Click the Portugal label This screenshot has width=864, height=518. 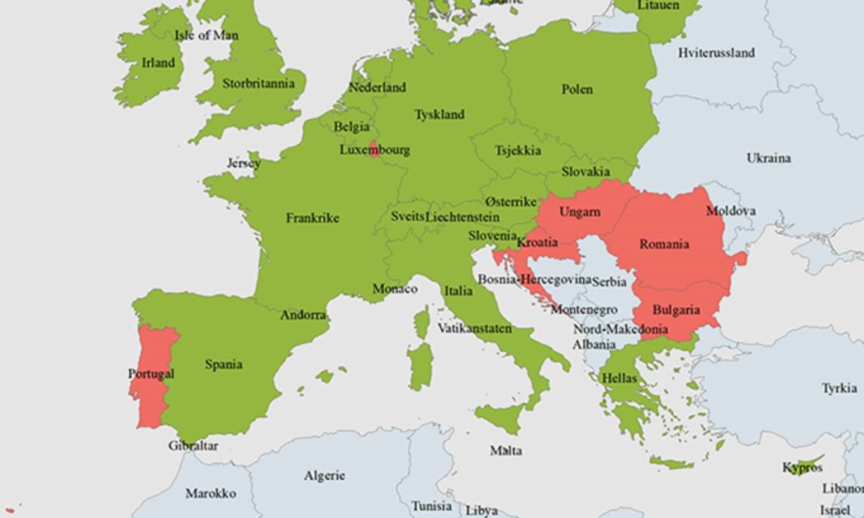coord(150,374)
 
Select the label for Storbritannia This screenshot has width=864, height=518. coord(258,83)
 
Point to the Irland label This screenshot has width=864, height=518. coord(158,63)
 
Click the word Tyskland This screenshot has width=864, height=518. coord(439,114)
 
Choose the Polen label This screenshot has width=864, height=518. coord(577,89)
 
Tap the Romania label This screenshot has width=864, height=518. coord(664,245)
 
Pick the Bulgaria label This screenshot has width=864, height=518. coord(675,311)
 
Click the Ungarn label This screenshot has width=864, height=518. coord(579,212)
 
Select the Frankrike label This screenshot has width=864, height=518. coord(312,218)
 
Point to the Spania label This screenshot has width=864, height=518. coord(223,365)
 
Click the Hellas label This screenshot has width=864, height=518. coord(619,378)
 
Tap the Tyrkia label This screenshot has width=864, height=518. coord(839,388)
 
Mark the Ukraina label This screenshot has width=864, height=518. coord(768,158)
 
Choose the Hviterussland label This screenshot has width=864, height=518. coord(716,53)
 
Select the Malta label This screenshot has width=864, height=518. coord(505,451)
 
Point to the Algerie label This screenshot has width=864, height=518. coord(324,476)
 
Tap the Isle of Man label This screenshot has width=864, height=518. coord(207,35)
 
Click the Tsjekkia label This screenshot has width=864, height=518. coord(518,151)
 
